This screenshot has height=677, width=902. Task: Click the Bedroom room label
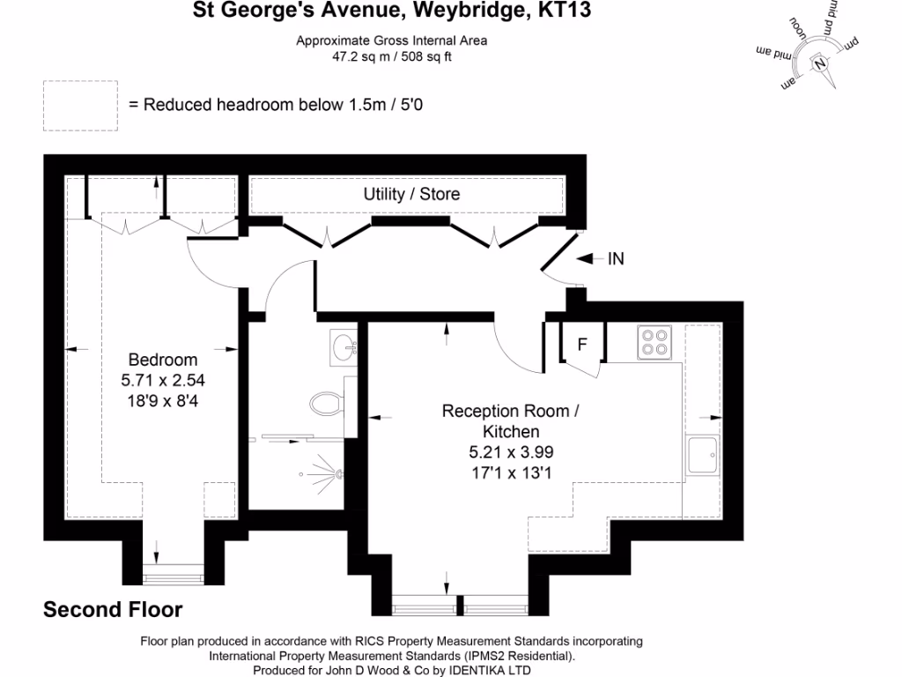[x=163, y=360]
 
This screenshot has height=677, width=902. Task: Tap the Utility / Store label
[x=411, y=194]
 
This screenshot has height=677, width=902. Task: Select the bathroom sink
[x=344, y=346]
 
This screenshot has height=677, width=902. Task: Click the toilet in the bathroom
[x=325, y=405]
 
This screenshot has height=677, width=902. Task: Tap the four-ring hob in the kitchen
[x=654, y=342]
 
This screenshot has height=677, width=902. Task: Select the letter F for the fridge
[x=581, y=345]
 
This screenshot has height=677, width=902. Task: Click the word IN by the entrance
[x=616, y=258]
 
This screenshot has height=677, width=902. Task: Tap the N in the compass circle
[x=820, y=63]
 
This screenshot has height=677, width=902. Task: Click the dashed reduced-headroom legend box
[x=80, y=105]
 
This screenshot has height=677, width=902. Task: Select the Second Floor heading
[x=113, y=609]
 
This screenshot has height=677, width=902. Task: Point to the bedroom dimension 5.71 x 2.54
[x=163, y=381]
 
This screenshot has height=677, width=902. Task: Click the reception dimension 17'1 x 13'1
[x=511, y=472]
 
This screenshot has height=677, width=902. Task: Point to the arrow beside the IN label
[x=588, y=258]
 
